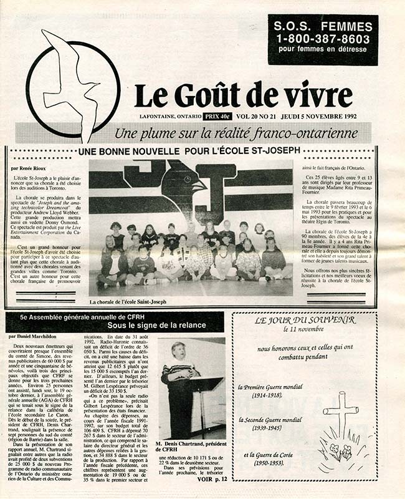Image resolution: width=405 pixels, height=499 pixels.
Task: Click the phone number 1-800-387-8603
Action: [323, 39]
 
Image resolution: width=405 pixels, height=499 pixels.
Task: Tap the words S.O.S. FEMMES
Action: [323, 27]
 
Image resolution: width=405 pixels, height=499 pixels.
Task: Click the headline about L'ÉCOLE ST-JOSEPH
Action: [198, 151]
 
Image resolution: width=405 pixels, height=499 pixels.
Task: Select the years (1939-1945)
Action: [265, 429]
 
